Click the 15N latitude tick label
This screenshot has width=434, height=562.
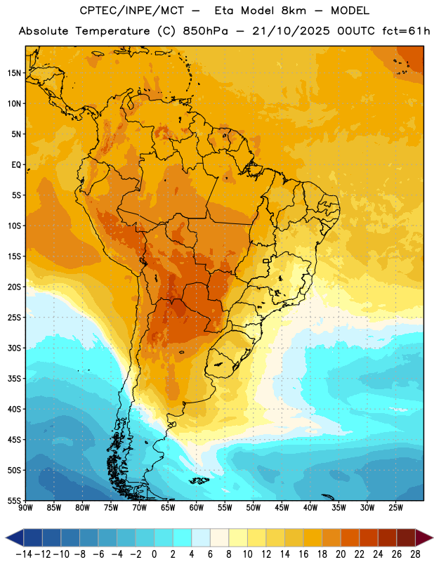(x=14, y=73)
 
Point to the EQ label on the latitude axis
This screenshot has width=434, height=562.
(x=16, y=165)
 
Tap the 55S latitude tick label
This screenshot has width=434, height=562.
(x=14, y=500)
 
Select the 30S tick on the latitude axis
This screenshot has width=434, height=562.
(x=14, y=348)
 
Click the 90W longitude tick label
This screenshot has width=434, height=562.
(x=25, y=508)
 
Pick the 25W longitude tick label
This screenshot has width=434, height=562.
(x=395, y=508)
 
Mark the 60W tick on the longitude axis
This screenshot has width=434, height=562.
(x=197, y=508)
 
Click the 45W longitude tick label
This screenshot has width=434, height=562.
(x=282, y=508)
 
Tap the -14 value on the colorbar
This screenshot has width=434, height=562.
(x=24, y=554)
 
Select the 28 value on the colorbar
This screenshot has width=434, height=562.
(x=415, y=554)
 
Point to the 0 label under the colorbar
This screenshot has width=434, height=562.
(x=154, y=554)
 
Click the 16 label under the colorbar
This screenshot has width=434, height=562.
(x=303, y=554)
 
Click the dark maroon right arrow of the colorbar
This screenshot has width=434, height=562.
(x=423, y=537)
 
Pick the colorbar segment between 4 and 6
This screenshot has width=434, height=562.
(x=201, y=537)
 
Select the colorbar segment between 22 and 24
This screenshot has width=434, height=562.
(x=369, y=537)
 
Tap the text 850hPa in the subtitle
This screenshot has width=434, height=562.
(x=205, y=31)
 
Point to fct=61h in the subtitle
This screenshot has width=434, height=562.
(x=406, y=31)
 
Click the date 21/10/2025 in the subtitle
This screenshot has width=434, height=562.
(x=291, y=31)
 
